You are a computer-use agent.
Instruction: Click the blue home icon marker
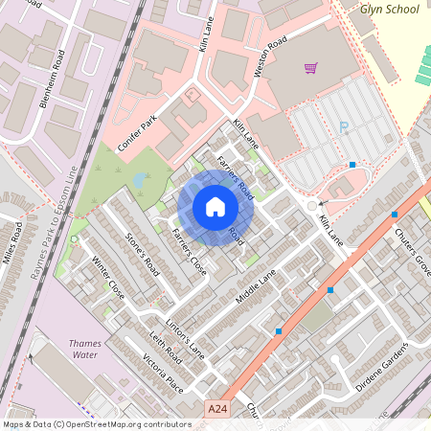point(215,207)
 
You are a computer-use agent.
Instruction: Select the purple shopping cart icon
point(310,68)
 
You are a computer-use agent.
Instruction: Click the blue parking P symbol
point(344,126)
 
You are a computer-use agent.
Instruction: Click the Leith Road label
point(167,352)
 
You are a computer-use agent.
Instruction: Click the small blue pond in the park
point(140,179)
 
